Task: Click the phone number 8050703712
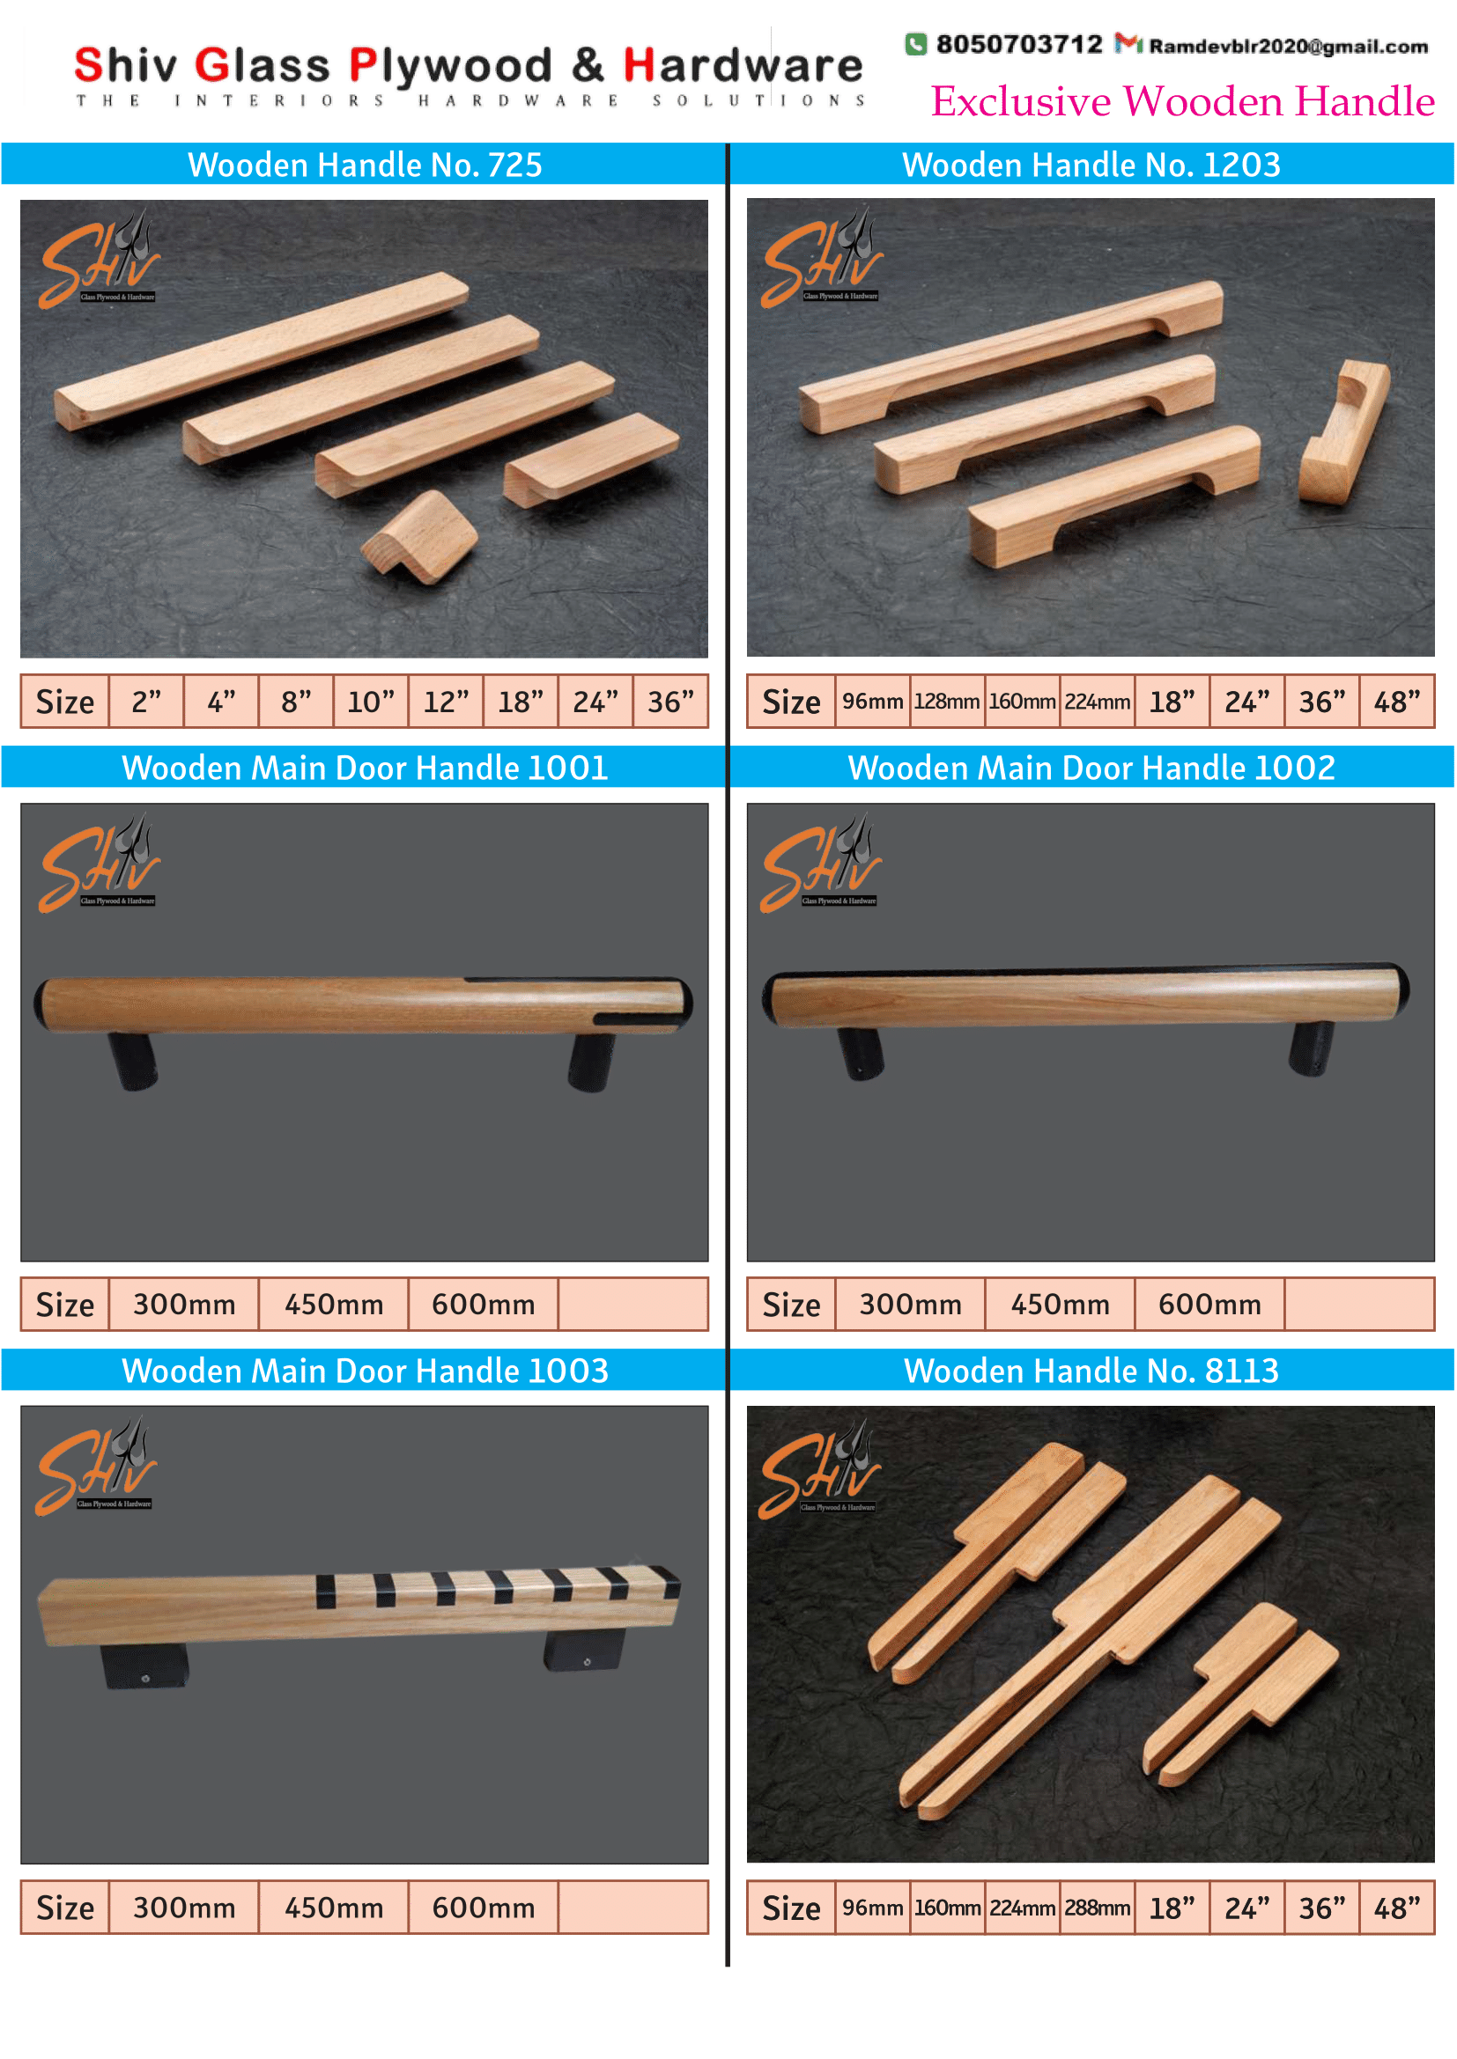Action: click(1019, 44)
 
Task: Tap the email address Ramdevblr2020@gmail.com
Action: click(1289, 46)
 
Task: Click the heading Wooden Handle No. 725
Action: click(365, 165)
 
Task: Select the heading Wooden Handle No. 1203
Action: click(1091, 165)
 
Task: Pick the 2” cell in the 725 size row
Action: click(146, 702)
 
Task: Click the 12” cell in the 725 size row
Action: click(446, 702)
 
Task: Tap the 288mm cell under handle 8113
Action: click(1098, 1908)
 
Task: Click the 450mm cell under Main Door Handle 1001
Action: click(334, 1304)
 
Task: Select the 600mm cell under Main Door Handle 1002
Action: click(1209, 1304)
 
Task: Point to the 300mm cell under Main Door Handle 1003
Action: click(184, 1908)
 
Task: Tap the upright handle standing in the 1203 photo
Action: click(1344, 431)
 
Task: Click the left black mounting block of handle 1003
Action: click(144, 1666)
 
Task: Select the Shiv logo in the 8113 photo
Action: click(820, 1470)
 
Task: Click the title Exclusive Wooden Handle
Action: click(1182, 100)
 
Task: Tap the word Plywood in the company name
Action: click(450, 66)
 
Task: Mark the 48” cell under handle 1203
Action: click(1397, 702)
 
